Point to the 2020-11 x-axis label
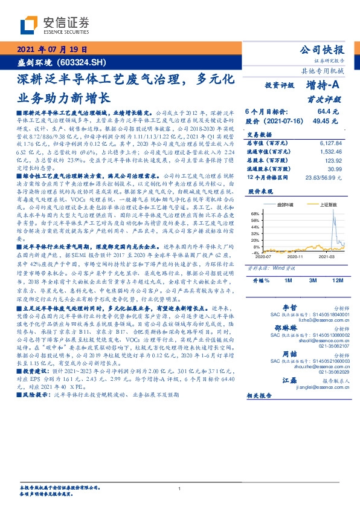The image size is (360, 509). [x=295, y=256]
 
